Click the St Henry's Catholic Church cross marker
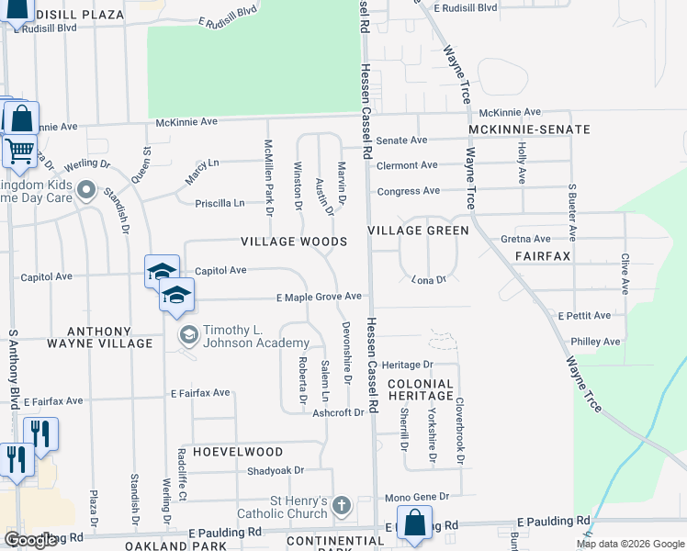[x=342, y=505]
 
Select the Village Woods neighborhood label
[x=294, y=242]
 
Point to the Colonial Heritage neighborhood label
[x=420, y=389]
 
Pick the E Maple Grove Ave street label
[x=320, y=297]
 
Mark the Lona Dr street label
[x=428, y=279]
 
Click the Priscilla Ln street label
[x=226, y=203]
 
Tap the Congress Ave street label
[x=409, y=191]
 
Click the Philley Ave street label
[x=595, y=342]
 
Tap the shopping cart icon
[x=19, y=151]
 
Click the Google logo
[x=30, y=540]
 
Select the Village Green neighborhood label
[x=419, y=231]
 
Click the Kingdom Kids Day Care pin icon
[x=87, y=192]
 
